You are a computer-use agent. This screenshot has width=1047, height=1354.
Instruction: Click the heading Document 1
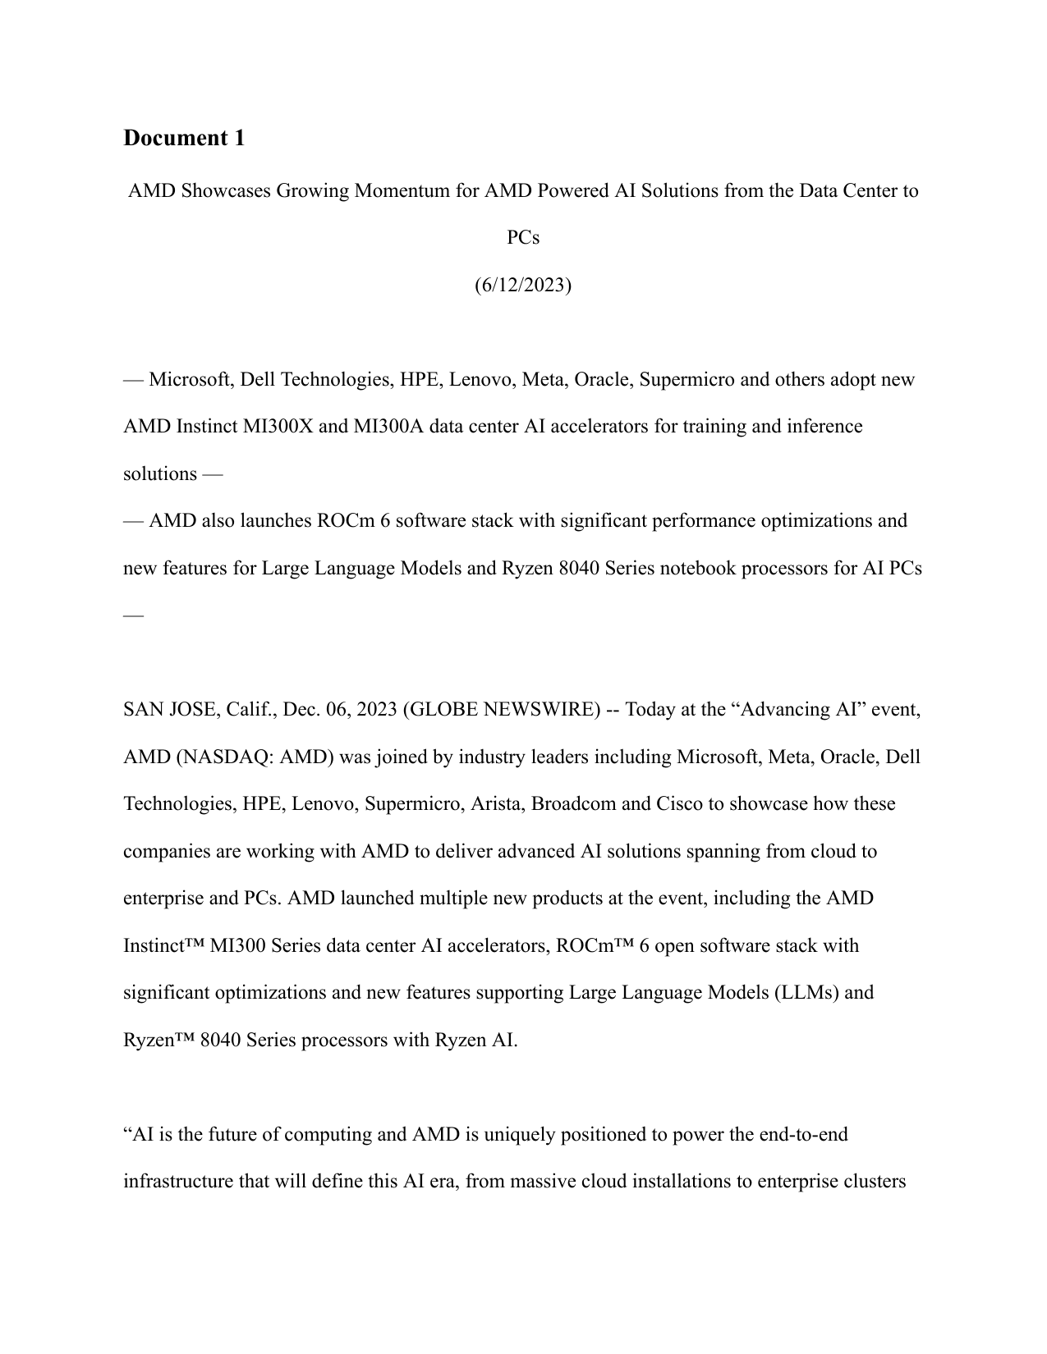[x=184, y=138]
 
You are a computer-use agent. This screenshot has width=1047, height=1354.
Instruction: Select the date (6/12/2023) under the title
[x=523, y=285]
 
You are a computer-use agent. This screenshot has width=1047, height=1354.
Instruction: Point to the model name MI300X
[x=278, y=427]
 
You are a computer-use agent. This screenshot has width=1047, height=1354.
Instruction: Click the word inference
[x=824, y=427]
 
